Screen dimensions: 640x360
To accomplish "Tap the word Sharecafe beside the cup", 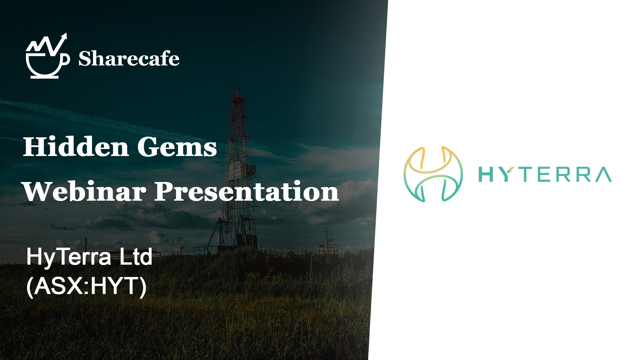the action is [x=129, y=59].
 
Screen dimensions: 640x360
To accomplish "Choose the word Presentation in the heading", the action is [x=247, y=191].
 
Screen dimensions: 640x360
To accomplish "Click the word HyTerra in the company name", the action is [x=69, y=257].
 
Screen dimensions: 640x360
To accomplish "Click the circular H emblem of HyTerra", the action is [x=433, y=174].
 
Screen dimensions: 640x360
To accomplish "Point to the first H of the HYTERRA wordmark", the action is [x=486, y=174].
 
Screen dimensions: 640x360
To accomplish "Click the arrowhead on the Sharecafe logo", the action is [x=64, y=36].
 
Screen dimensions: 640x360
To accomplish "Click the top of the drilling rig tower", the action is [x=237, y=89].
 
